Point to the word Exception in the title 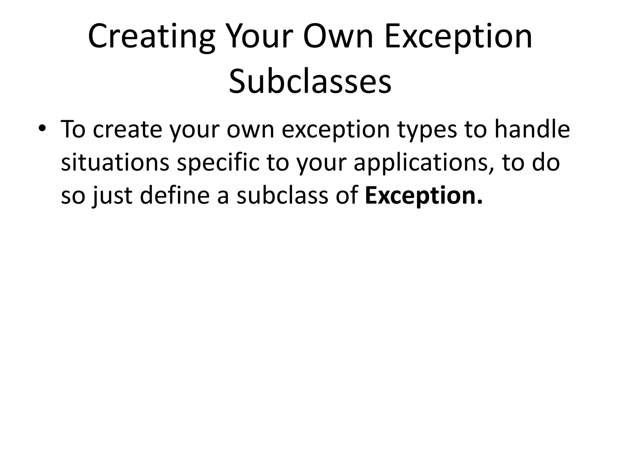click(458, 37)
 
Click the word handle click(532, 129)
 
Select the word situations click(115, 162)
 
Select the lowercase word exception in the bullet click(335, 130)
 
